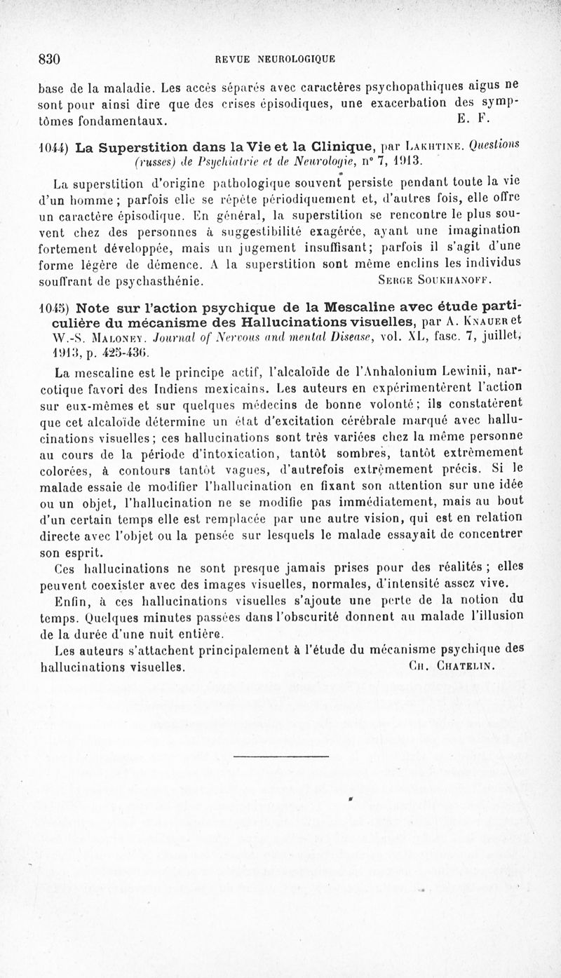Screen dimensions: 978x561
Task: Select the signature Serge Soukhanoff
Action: [429, 282]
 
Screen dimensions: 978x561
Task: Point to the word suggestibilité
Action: [255, 234]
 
